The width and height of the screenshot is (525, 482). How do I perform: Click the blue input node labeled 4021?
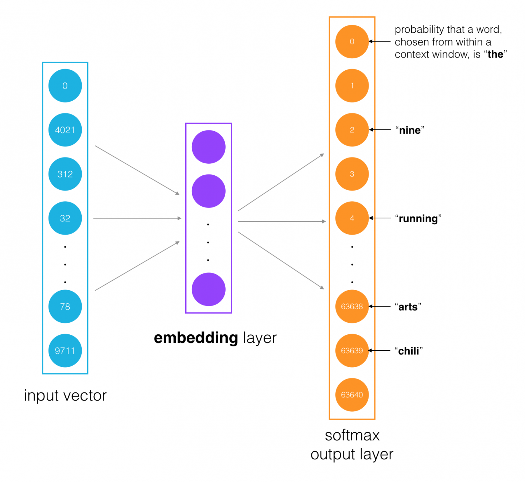65,130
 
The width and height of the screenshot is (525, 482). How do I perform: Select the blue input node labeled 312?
65,174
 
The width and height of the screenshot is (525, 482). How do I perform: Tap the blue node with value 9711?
65,350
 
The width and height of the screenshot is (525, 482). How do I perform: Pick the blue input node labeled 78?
65,306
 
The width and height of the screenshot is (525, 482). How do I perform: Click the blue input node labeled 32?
65,218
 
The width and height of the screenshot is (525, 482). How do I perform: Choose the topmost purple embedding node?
209,147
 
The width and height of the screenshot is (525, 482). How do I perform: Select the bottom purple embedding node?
209,289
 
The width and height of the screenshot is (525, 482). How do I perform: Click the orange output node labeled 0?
352,42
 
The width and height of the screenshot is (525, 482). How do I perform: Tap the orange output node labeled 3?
352,174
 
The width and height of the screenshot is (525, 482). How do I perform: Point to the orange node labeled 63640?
352,394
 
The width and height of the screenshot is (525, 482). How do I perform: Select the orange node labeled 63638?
352,306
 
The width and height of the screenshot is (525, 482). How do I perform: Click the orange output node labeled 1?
352,86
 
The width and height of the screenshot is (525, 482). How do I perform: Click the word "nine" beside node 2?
410,130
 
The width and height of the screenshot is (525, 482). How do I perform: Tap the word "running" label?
418,218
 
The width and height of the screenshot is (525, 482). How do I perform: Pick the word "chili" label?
408,351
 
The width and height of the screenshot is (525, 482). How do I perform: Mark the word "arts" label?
408,307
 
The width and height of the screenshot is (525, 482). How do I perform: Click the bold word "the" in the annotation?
495,54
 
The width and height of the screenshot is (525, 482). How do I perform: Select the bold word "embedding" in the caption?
196,338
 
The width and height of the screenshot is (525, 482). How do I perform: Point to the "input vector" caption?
65,396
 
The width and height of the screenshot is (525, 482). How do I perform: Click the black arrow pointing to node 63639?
379,350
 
